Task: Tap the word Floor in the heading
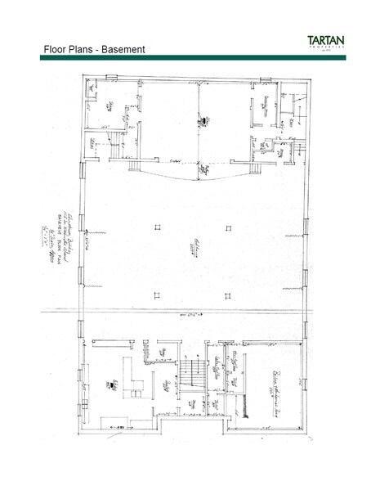coord(56,50)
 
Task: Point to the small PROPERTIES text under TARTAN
coord(337,49)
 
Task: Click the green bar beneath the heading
coord(185,57)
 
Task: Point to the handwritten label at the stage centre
coord(199,122)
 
